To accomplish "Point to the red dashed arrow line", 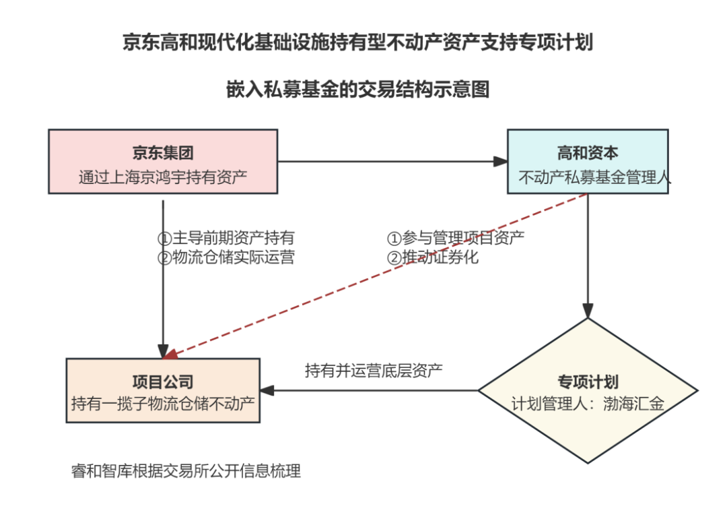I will pos(377,275).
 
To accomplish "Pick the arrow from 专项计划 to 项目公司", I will pos(370,390).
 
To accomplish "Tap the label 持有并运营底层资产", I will pos(374,370).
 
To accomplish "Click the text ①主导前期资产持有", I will pos(226,238).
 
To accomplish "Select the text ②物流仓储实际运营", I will pos(226,257).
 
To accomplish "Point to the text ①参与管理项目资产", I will pos(455,238).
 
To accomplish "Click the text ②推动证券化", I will pos(432,257).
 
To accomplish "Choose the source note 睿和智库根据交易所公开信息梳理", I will pos(186,471).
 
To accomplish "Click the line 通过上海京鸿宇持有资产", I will pos(163,178).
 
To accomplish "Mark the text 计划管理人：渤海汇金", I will pos(588,404).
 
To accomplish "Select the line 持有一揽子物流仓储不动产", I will pos(163,404).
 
